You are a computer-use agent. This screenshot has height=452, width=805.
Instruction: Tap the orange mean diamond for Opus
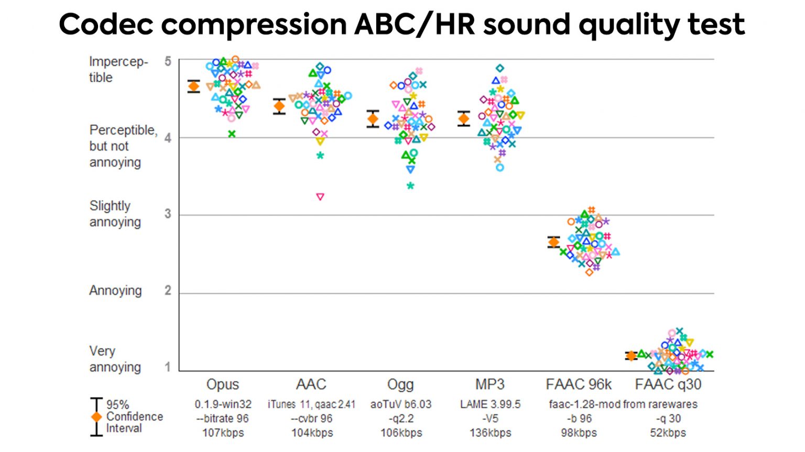(194, 86)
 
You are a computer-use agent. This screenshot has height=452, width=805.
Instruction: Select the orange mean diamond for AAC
(279, 106)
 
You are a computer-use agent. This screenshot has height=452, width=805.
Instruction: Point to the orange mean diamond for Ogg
(373, 119)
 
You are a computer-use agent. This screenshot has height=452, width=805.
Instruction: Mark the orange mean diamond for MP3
(464, 119)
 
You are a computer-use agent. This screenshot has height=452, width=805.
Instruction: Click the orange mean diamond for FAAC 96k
(553, 242)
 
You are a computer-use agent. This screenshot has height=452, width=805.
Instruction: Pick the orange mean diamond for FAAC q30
(631, 356)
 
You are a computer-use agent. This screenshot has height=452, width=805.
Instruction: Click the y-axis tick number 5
(168, 62)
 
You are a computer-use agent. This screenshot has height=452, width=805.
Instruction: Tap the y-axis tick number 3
(168, 214)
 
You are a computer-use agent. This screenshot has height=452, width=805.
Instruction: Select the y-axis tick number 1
(168, 367)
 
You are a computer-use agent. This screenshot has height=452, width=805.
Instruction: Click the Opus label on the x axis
(223, 384)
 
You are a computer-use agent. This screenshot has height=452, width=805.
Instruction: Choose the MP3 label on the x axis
(489, 384)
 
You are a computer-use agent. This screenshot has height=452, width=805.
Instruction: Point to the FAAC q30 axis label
(668, 384)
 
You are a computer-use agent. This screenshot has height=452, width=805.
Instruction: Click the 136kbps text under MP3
(490, 433)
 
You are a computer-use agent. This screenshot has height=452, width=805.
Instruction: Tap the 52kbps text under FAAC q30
(668, 433)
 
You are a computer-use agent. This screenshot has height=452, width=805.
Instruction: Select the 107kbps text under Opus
(223, 433)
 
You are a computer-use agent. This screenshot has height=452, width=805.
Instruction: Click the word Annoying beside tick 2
(115, 291)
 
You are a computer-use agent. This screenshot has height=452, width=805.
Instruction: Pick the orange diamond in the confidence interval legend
(96, 417)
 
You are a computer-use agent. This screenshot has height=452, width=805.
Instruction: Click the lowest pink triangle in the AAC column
(320, 197)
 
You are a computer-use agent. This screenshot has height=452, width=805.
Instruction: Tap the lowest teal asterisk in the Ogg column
(410, 186)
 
